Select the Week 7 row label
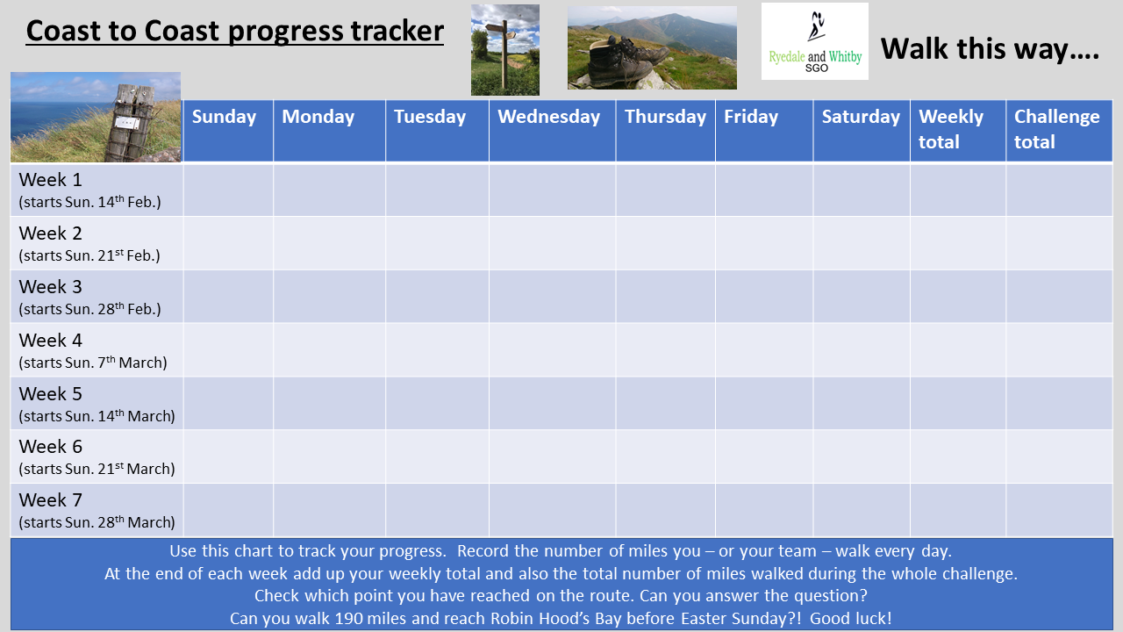coord(97,510)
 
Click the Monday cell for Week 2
coord(329,243)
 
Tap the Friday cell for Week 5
coord(764,403)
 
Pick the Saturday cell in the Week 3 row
coord(862,297)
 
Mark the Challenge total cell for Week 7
coord(1059,510)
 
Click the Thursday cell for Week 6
coord(665,456)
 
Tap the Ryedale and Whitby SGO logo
coord(815,41)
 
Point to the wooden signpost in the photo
coord(503,54)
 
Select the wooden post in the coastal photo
coord(131,123)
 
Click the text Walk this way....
coord(990,49)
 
